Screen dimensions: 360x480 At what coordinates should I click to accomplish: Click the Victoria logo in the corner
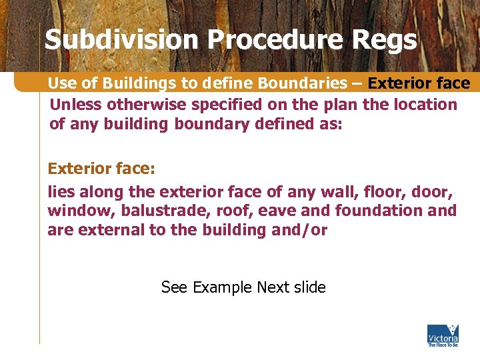point(443,335)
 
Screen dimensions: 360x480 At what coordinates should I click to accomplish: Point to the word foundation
point(376,211)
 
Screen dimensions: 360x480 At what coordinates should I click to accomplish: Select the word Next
point(273,287)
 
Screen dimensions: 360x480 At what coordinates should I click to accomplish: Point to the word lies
point(61,193)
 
